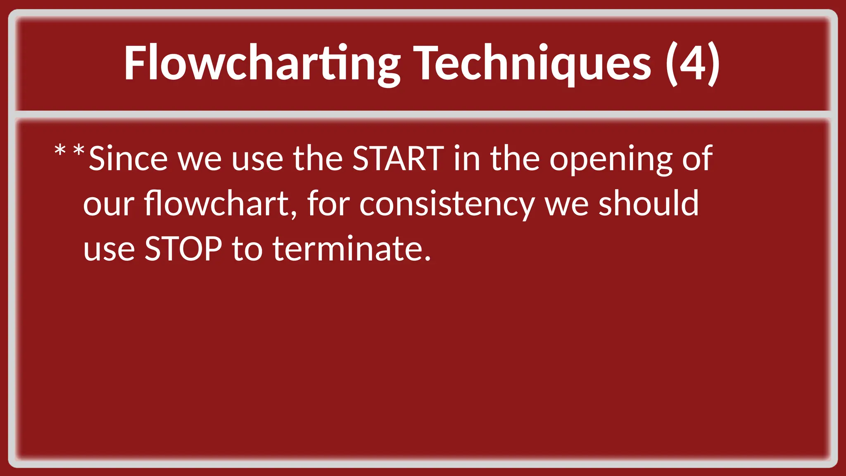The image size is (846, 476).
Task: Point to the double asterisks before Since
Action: [x=69, y=151]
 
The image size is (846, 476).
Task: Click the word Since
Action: [x=128, y=159]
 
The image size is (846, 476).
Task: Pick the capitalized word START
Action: [x=398, y=159]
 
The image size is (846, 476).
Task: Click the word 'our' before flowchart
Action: [x=109, y=204]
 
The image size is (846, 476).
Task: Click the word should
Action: [x=649, y=203]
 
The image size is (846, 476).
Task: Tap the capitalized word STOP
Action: [x=183, y=249]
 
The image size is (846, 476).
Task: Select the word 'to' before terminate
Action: [x=247, y=249]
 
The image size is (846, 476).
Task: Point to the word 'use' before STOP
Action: [x=109, y=250]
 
